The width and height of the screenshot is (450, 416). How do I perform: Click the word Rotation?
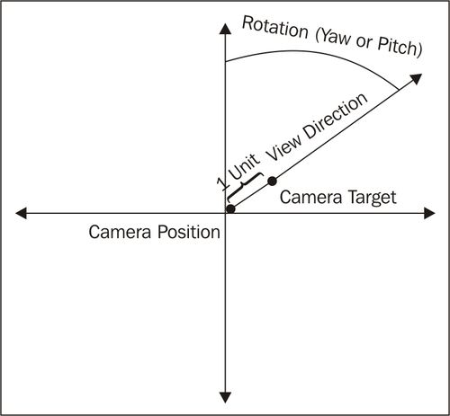pyautogui.click(x=275, y=27)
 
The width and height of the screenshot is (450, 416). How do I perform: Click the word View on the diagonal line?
pyautogui.click(x=283, y=146)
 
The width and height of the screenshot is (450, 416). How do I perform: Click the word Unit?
pyautogui.click(x=244, y=166)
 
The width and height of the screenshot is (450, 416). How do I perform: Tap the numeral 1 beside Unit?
pyautogui.click(x=222, y=184)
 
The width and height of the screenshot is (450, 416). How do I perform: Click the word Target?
pyautogui.click(x=373, y=198)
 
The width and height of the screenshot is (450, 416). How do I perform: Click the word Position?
pyautogui.click(x=189, y=232)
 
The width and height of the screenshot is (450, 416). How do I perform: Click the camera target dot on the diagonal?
pyautogui.click(x=272, y=181)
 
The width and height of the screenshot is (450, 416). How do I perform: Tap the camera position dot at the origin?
pyautogui.click(x=230, y=208)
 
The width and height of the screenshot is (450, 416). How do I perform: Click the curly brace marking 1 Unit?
pyautogui.click(x=244, y=186)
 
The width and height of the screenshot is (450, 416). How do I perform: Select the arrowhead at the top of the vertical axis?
pyautogui.click(x=225, y=29)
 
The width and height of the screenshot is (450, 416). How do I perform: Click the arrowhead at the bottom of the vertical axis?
pyautogui.click(x=225, y=397)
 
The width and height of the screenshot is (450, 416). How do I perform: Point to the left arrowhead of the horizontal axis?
pyautogui.click(x=21, y=213)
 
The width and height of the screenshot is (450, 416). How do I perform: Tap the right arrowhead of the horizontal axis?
pyautogui.click(x=429, y=213)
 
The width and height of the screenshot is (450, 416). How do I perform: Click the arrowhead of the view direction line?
pyautogui.click(x=416, y=79)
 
